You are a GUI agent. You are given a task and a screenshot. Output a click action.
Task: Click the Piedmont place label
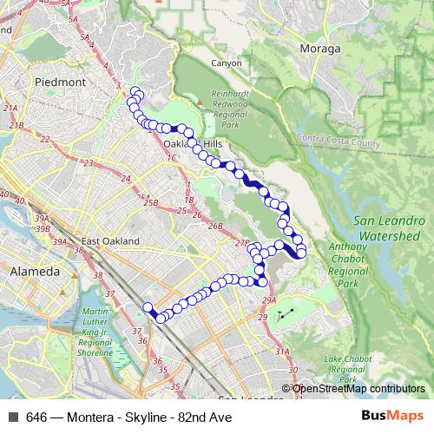pyautogui.click(x=61, y=82)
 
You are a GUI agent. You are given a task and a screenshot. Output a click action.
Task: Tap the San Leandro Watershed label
pyautogui.click(x=388, y=228)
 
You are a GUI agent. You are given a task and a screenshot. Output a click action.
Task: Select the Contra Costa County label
pyautogui.click(x=339, y=139)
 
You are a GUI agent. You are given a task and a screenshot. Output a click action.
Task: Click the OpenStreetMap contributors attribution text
pyautogui.click(x=358, y=389)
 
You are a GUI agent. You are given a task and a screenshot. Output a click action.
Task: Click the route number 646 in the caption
pyautogui.click(x=36, y=417)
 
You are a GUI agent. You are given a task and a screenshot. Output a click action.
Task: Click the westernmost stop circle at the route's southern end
pyautogui.click(x=148, y=306)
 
